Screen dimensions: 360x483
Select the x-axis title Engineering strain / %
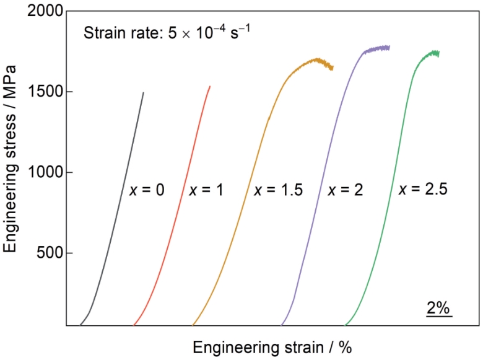(272, 345)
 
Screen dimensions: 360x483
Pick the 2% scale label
(439, 307)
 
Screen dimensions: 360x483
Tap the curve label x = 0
(147, 190)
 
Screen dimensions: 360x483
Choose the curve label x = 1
(206, 190)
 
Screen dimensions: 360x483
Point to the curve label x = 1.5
(278, 190)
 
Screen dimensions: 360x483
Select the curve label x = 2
(346, 190)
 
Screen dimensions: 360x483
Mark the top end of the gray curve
(144, 93)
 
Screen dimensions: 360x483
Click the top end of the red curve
(210, 86)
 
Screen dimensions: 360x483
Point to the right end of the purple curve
(389, 46)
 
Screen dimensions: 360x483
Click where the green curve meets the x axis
(345, 325)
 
